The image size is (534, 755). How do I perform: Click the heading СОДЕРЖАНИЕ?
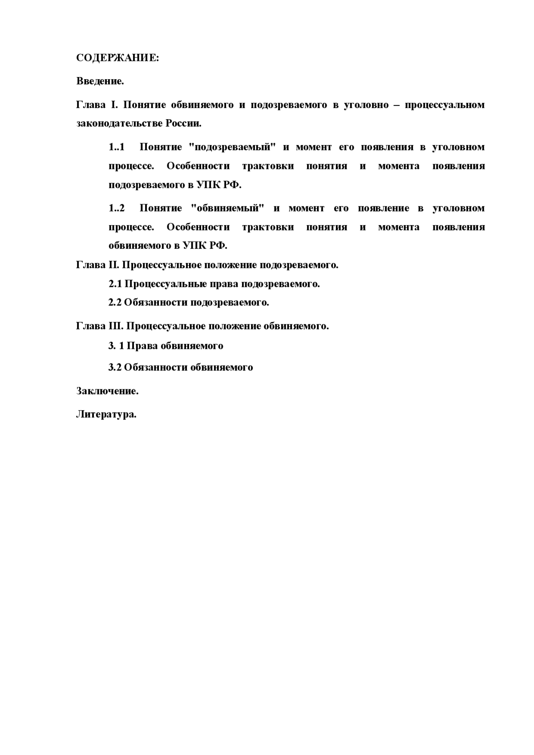click(x=117, y=58)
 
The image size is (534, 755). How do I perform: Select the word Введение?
click(x=100, y=81)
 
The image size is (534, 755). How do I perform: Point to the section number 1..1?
click(x=116, y=147)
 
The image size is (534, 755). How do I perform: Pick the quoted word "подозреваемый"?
click(x=233, y=147)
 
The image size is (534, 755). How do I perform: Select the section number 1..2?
click(x=116, y=208)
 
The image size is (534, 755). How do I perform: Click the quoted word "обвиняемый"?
click(x=227, y=208)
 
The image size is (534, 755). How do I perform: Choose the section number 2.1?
click(x=115, y=284)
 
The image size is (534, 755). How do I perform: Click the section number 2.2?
click(x=115, y=303)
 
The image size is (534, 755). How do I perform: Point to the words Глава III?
click(x=100, y=326)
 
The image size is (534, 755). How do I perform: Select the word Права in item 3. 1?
click(x=142, y=346)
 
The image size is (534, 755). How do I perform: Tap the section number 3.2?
click(x=115, y=368)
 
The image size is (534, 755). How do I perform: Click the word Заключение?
click(x=107, y=391)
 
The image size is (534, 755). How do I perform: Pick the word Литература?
click(x=106, y=415)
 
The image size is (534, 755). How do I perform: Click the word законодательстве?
click(x=119, y=124)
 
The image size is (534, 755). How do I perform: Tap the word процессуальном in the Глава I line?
click(x=444, y=105)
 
